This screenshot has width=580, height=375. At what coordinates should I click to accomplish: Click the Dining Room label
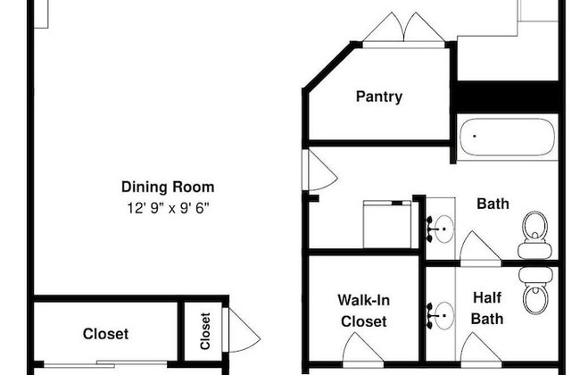pos(168,187)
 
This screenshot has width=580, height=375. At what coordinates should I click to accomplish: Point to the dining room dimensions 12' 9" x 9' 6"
pos(168,208)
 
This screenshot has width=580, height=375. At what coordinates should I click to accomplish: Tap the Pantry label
pos(379,96)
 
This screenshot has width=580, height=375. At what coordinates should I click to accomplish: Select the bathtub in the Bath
pos(507,137)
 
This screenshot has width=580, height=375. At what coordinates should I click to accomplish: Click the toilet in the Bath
pos(534,234)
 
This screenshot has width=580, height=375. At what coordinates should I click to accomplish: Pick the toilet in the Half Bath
pos(534,290)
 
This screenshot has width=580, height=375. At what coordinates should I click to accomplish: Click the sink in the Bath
pos(441,229)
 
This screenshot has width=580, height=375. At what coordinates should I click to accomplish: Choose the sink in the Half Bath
pos(441,316)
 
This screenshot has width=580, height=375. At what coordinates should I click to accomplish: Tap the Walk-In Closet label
pos(364,311)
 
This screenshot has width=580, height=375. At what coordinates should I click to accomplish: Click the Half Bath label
pos(487,308)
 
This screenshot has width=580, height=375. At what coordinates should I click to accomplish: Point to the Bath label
pos(493,204)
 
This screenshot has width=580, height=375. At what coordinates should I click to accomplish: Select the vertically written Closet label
pos(205,331)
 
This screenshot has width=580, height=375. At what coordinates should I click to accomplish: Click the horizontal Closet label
pos(106,334)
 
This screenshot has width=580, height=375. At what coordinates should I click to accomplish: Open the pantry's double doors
pos(404,29)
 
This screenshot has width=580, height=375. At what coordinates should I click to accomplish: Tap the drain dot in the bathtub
pos(475,137)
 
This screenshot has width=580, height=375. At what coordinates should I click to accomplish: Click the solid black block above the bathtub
pos(508,97)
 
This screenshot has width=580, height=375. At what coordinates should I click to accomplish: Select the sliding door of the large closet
pos(105,363)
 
